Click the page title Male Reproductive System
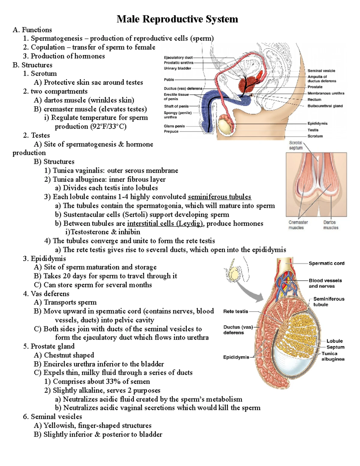(x=177, y=19)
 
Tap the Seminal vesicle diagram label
(x=321, y=71)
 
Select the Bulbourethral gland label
(x=325, y=106)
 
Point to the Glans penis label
(x=174, y=126)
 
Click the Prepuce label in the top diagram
(x=171, y=131)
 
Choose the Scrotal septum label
(x=296, y=145)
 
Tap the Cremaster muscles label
(x=298, y=225)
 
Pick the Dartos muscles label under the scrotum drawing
(x=331, y=225)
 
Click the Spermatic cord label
(x=326, y=263)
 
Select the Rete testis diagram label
(x=235, y=311)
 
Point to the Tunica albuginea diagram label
(x=332, y=356)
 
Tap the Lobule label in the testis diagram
(x=334, y=341)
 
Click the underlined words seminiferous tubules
(x=219, y=197)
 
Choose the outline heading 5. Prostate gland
(x=49, y=346)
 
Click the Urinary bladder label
(x=177, y=68)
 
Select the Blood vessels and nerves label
(x=325, y=283)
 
